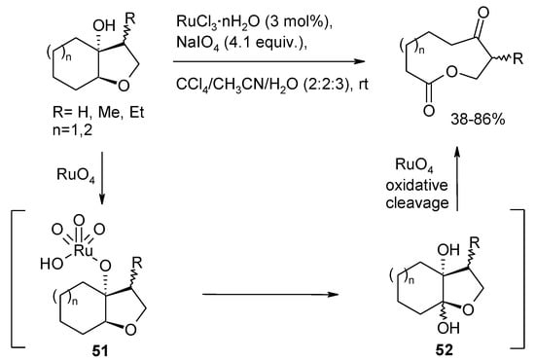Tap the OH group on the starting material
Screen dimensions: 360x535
click(x=77, y=18)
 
